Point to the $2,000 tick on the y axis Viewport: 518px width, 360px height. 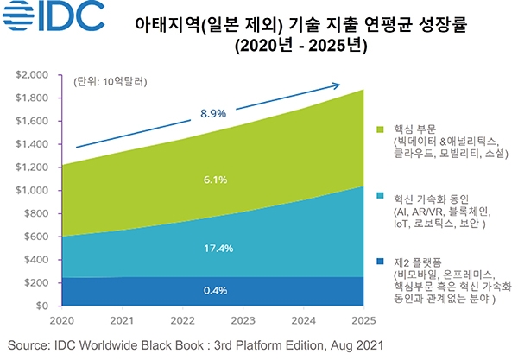(35, 75)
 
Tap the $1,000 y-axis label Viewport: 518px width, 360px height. (35, 191)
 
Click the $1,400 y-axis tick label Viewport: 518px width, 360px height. (35, 144)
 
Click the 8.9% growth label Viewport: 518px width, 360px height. (212, 113)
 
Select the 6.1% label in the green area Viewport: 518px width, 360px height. (216, 180)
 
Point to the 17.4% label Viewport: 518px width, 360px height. (216, 248)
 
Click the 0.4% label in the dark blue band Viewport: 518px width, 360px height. (216, 290)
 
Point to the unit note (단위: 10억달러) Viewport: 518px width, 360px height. (111, 83)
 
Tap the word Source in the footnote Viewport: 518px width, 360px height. (29, 345)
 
